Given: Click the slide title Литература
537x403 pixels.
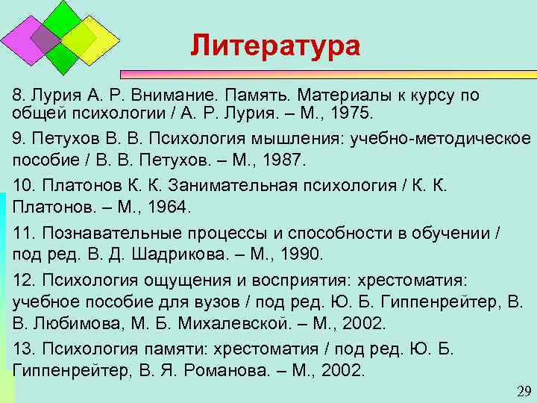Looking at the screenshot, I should [274, 46].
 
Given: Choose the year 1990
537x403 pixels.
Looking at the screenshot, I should [296, 254].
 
